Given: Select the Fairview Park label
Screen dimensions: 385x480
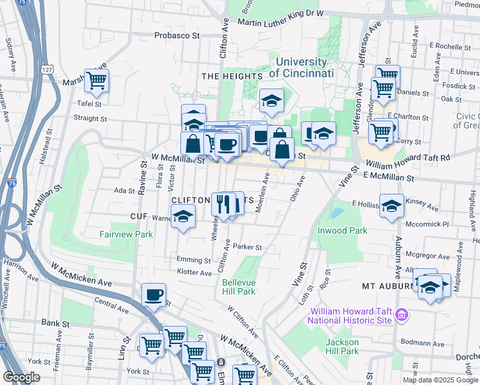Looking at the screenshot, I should [x=126, y=235].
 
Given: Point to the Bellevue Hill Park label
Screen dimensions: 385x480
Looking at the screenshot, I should [x=239, y=287].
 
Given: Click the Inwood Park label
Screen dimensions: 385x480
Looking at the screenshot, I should [x=342, y=230].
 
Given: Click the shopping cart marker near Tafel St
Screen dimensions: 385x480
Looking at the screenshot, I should [x=97, y=81].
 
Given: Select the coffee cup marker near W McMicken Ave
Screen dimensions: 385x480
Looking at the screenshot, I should [x=153, y=295].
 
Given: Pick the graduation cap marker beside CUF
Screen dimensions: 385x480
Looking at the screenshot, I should [x=184, y=217].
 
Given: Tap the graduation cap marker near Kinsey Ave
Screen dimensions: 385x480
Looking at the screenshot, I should [x=391, y=206].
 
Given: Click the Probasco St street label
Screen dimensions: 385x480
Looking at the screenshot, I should [x=176, y=35].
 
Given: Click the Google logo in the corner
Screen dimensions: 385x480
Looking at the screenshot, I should [x=22, y=377].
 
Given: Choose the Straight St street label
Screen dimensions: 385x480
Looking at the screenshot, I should [x=90, y=119].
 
